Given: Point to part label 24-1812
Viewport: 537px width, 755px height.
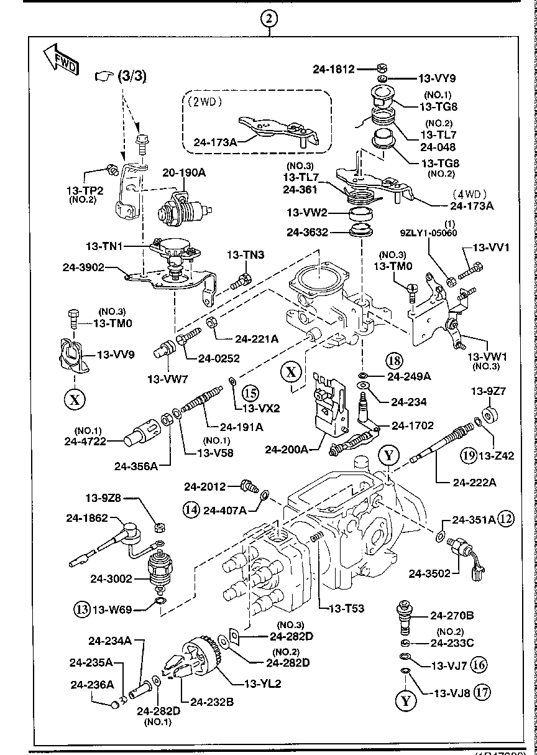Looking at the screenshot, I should pos(333,70).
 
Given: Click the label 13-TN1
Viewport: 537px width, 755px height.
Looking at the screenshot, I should pos(105,246).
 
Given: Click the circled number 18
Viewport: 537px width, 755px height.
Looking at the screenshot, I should pos(394,359).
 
